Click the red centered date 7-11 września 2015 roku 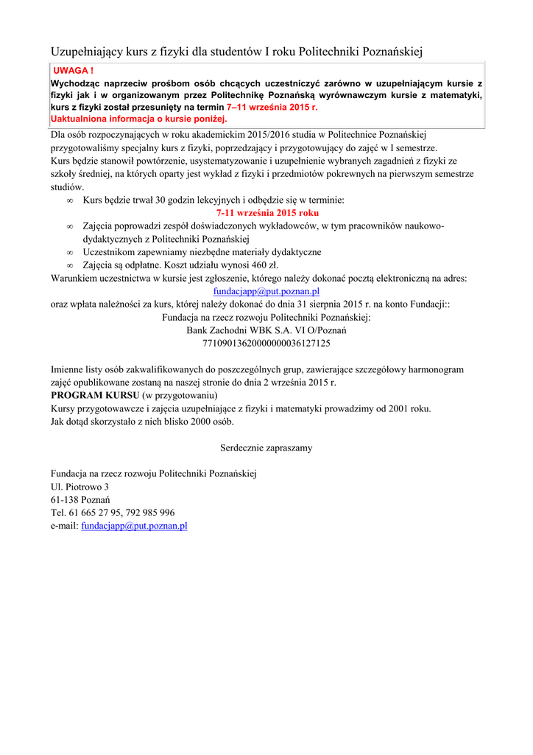266,212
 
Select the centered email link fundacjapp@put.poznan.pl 266,291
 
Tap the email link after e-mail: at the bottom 134,526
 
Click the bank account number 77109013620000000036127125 266,343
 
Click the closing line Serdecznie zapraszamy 266,448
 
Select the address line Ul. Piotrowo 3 80,487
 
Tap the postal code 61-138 64,500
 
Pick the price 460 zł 264,265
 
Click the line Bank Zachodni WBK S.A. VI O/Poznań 266,330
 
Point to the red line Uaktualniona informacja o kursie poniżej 139,119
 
